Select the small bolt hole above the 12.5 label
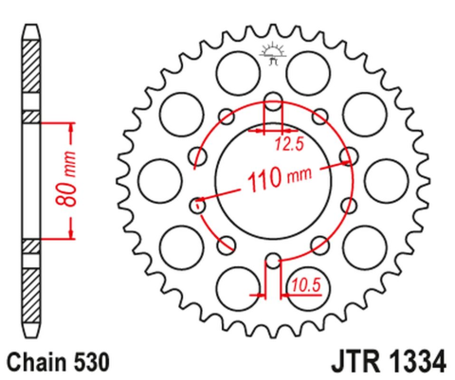click(273, 102)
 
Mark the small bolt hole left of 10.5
click(273, 261)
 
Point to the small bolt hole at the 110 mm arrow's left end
click(199, 202)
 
